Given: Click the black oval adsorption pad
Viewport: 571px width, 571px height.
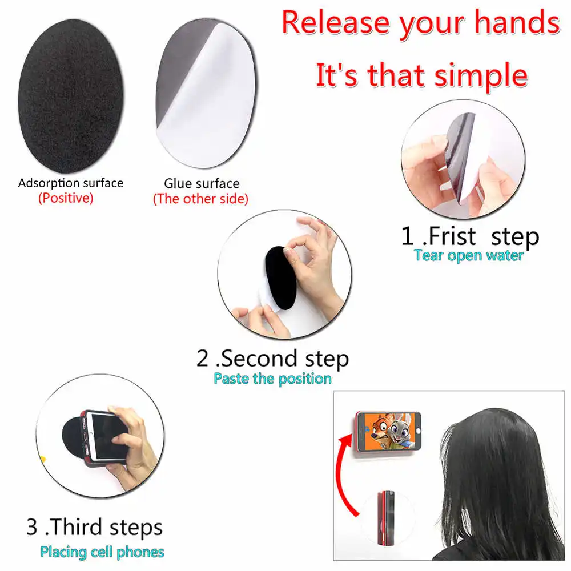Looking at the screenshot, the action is (x=71, y=96).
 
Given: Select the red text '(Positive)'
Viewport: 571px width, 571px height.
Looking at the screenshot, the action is (x=66, y=198).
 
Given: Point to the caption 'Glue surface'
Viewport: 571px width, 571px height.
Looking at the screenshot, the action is (x=202, y=183).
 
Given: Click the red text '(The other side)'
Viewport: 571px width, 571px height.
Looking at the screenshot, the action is (x=200, y=199).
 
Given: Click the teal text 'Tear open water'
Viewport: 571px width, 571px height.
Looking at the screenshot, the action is (x=469, y=256).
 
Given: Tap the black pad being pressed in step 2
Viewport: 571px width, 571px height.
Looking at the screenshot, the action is (x=280, y=278).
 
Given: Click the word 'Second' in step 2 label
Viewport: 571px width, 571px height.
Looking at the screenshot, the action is (x=260, y=359).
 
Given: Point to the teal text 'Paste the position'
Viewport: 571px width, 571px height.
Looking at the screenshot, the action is (x=272, y=379).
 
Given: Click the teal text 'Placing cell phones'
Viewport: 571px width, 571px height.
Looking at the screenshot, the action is (x=102, y=552).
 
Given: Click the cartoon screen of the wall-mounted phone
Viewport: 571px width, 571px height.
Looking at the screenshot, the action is (x=389, y=431).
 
